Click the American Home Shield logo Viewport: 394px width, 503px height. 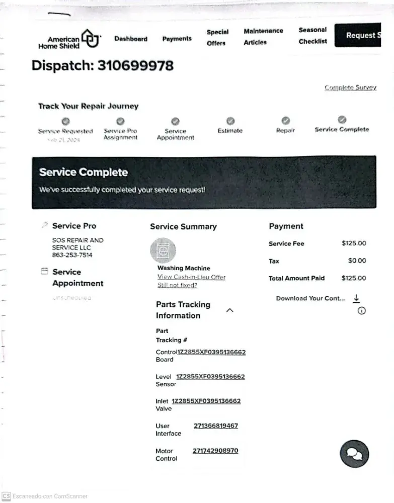(69, 39)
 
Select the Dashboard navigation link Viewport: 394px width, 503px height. (131, 39)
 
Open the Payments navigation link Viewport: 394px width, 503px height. (177, 39)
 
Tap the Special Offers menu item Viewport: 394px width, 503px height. (217, 38)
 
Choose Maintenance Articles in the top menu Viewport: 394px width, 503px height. (263, 37)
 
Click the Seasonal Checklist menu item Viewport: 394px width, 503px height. (312, 36)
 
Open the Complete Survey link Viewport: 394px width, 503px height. (350, 88)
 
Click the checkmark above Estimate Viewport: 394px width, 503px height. (230, 121)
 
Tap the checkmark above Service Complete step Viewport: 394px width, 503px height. (342, 120)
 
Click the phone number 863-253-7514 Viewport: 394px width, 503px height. (72, 255)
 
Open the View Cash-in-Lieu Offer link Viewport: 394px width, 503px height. (191, 277)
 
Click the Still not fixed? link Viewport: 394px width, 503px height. (177, 285)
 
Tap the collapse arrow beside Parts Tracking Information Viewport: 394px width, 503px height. (229, 310)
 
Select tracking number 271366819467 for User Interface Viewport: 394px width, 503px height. (216, 426)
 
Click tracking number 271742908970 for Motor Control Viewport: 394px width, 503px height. (215, 451)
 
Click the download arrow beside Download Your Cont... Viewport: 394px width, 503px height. (356, 298)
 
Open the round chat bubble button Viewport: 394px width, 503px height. (354, 454)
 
